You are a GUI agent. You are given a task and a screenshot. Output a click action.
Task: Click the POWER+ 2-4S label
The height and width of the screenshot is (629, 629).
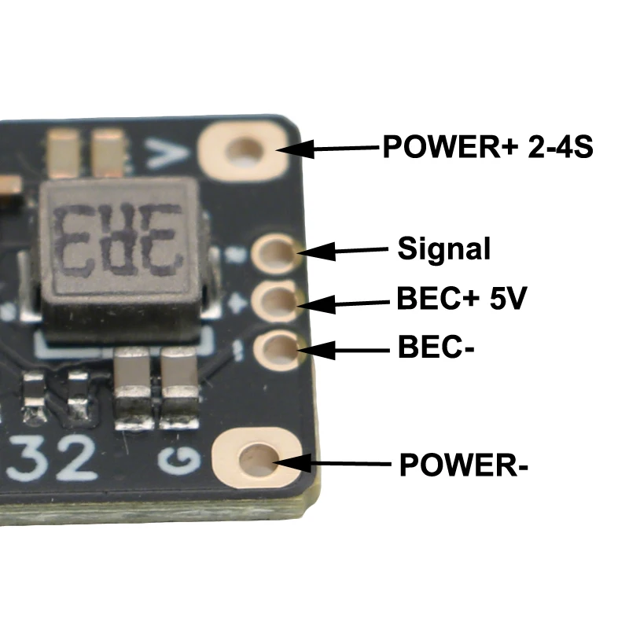[487, 146]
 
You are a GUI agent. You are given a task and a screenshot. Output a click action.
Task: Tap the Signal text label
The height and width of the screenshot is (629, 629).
[443, 249]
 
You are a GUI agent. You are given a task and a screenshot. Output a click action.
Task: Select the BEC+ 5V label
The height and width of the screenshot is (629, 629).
[462, 298]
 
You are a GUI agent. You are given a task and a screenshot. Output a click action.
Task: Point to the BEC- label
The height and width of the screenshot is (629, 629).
[436, 347]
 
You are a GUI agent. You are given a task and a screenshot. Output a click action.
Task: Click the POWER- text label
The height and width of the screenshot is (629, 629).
[464, 465]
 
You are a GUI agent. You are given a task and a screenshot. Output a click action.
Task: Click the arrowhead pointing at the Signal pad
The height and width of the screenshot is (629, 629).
[316, 252]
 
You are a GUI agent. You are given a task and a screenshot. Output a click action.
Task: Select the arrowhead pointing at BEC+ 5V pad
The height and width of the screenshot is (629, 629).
[317, 304]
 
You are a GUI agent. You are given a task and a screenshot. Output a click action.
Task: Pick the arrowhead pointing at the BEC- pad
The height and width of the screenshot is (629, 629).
[317, 350]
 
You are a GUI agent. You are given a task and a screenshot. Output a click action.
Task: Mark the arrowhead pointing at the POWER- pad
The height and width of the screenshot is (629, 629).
[291, 463]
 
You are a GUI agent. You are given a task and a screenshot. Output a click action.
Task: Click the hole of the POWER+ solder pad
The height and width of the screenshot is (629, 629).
[245, 151]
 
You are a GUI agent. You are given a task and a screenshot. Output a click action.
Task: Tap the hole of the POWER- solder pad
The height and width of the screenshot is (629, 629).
[259, 458]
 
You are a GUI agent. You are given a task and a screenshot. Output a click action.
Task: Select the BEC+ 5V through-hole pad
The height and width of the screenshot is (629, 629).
[277, 302]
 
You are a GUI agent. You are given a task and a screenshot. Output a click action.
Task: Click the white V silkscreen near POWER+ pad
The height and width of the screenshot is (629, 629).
[166, 153]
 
